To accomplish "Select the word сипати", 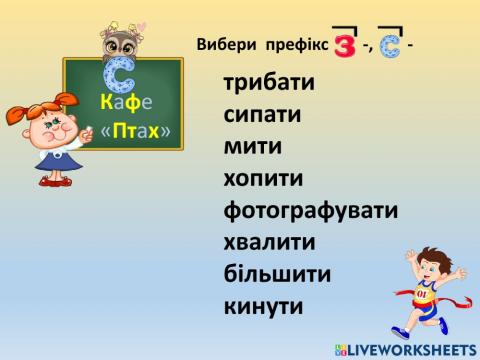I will pyautogui.click(x=263, y=115).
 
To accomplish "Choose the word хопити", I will pyautogui.click(x=264, y=179).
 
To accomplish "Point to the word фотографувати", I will pyautogui.click(x=311, y=211).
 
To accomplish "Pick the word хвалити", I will pyautogui.click(x=269, y=243).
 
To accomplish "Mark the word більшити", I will pyautogui.click(x=277, y=274).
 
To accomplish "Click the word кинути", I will pyautogui.click(x=263, y=306).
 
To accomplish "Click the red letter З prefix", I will pyautogui.click(x=345, y=46).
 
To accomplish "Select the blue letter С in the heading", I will pyautogui.click(x=392, y=47).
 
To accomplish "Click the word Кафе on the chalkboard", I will pyautogui.click(x=126, y=102).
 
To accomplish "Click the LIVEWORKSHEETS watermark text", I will pyautogui.click(x=412, y=349).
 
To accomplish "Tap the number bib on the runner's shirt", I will pyautogui.click(x=422, y=294).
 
